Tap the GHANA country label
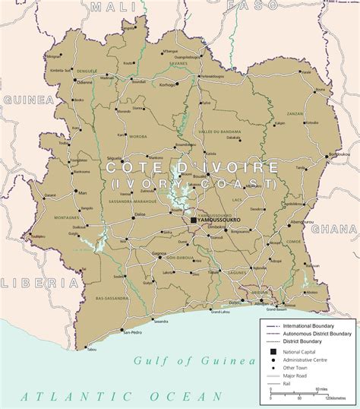[339, 230]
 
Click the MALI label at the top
[108, 6]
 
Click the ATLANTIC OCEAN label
[122, 396]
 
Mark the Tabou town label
[92, 350]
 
